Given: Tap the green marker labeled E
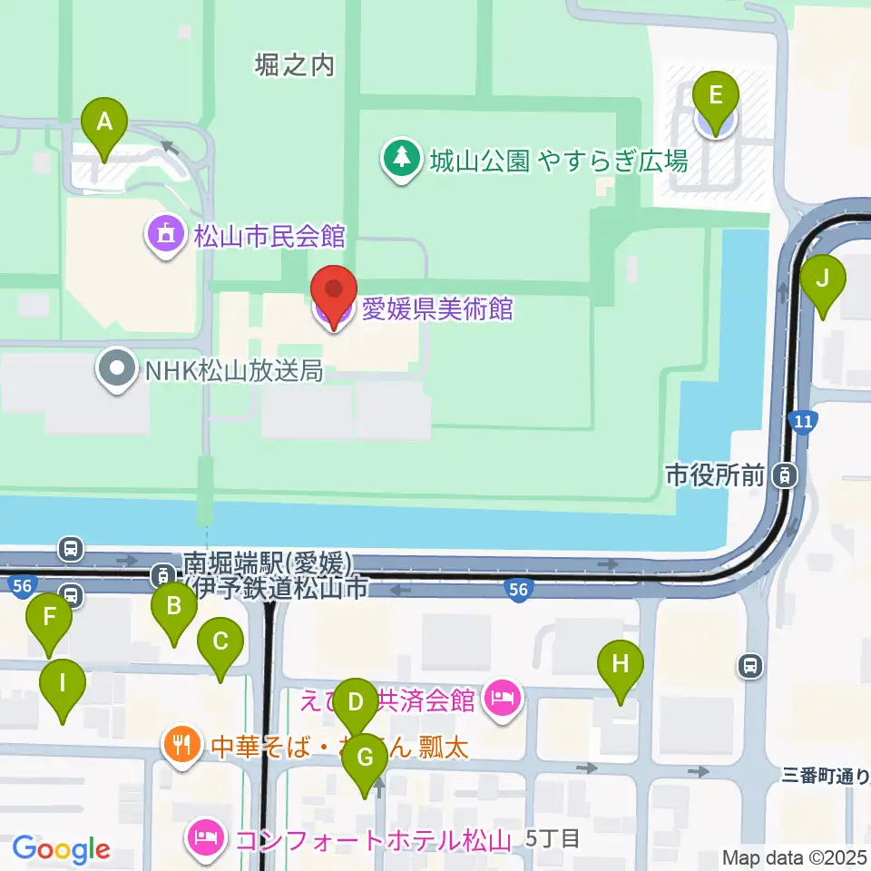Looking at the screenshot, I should pos(716,96).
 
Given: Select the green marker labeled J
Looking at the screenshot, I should pos(823,279).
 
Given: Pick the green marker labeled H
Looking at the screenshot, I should pos(621,664).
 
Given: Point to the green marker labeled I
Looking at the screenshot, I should pos(63,683).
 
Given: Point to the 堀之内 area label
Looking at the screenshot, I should pos(296,65).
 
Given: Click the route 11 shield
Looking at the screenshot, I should pos(802,421).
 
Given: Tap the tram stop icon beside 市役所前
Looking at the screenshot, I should pos(786,474).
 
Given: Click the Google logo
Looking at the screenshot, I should pos(61,850).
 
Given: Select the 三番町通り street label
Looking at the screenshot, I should pos(825,776).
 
